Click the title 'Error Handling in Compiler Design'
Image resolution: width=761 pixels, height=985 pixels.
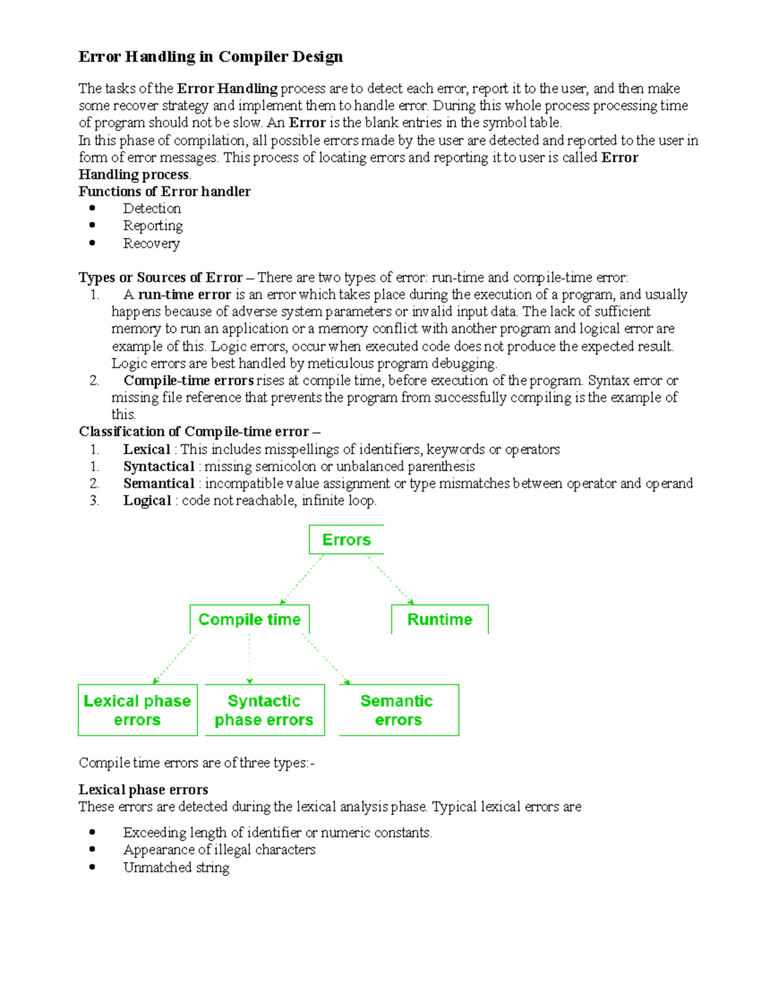pos(211,57)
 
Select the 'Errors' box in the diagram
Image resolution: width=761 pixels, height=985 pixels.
pos(346,540)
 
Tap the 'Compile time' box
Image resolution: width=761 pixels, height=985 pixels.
pos(249,620)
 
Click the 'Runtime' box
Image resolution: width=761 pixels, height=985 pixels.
pos(439,620)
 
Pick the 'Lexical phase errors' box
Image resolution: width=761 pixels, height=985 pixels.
pos(138,710)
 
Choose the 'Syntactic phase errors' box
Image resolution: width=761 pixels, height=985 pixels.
pos(264,710)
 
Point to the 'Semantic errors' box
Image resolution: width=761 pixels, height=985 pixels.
pos(398,710)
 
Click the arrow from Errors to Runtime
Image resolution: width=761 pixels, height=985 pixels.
pos(390,579)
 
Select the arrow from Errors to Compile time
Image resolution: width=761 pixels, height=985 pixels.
pos(302,579)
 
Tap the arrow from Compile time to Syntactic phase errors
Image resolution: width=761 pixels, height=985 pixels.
pos(250,658)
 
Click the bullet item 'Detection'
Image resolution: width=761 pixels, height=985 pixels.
pos(152,209)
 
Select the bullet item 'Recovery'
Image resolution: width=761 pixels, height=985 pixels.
pos(151,244)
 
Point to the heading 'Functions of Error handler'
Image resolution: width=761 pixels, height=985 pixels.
pos(164,192)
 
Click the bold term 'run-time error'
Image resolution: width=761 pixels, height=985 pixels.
pos(184,295)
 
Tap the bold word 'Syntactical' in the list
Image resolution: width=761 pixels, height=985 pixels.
pos(159,467)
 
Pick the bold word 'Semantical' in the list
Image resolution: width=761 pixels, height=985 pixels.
pos(159,484)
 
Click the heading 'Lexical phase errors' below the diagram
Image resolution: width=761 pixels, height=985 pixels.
pos(143,790)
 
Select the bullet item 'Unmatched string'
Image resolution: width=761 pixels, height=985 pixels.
pos(176,868)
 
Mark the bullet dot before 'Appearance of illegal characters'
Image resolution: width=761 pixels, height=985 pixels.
pos(93,849)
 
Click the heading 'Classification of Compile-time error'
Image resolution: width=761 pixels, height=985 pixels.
pos(194,432)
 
